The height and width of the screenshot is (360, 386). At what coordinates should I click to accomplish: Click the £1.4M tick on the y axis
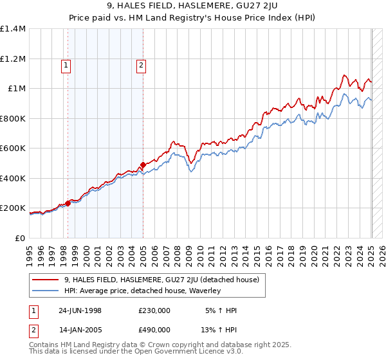pos(13,29)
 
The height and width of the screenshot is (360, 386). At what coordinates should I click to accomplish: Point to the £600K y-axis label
pos(13,148)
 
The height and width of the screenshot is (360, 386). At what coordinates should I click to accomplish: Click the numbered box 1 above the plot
pos(66,64)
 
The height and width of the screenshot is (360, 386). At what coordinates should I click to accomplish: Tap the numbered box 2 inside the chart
pos(140,64)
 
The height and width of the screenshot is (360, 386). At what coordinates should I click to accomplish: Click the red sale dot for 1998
pos(68,204)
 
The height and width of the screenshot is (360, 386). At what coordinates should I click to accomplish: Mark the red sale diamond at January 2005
pos(143,165)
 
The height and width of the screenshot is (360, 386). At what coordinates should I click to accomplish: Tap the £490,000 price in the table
pos(154,330)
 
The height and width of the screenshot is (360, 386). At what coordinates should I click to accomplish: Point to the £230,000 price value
pos(154,310)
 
